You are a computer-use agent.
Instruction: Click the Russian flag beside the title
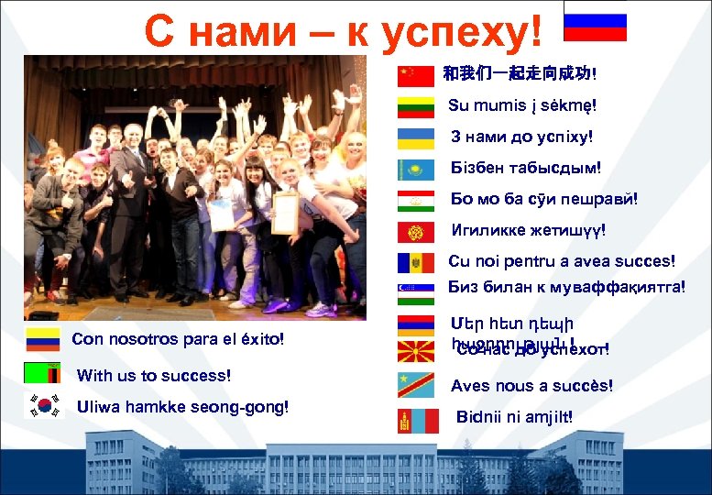pyautogui.click(x=595, y=27)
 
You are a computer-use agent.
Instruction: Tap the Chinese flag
pyautogui.click(x=415, y=75)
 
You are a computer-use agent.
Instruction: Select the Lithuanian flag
pyautogui.click(x=415, y=107)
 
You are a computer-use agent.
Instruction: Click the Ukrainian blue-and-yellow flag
pyautogui.click(x=415, y=138)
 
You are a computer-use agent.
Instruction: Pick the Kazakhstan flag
pyautogui.click(x=415, y=170)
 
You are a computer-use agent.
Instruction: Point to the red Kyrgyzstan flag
pyautogui.click(x=415, y=232)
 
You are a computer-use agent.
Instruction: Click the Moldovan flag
pyautogui.click(x=415, y=263)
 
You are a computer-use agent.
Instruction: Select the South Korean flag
pyautogui.click(x=42, y=405)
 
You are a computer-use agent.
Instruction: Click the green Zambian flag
pyautogui.click(x=42, y=373)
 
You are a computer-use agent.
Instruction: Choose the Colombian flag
pyautogui.click(x=42, y=339)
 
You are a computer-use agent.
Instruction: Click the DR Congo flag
pyautogui.click(x=415, y=384)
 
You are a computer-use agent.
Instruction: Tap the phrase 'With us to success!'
pyautogui.click(x=154, y=375)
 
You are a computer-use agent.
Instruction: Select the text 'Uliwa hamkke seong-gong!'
pyautogui.click(x=183, y=406)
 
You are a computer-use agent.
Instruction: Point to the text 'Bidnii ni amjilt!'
pyautogui.click(x=514, y=417)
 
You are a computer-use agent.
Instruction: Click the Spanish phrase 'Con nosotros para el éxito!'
pyautogui.click(x=178, y=340)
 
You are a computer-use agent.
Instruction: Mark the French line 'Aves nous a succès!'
pyautogui.click(x=531, y=386)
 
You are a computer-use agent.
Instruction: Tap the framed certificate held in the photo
pyautogui.click(x=285, y=212)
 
